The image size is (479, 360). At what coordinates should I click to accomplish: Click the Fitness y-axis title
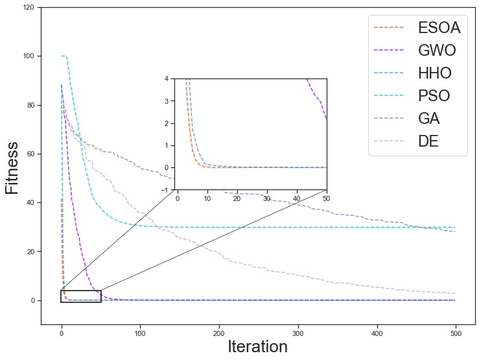point(12,168)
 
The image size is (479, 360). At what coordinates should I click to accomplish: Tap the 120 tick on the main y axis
point(29,8)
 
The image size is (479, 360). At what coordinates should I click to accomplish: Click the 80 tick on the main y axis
point(30,105)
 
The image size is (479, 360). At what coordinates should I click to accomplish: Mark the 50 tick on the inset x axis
point(326,197)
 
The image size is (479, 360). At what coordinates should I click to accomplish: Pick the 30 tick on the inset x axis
point(266,197)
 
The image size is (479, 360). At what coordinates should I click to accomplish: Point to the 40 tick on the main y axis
point(30,202)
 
